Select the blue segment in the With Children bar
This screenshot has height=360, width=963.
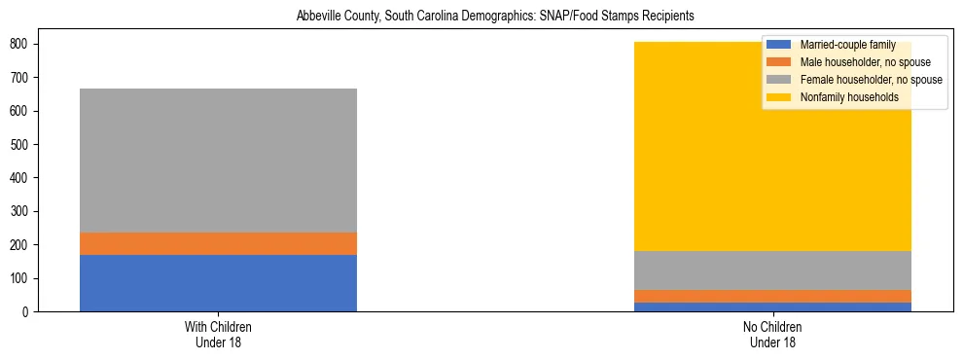(218, 283)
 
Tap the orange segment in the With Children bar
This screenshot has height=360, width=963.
(218, 243)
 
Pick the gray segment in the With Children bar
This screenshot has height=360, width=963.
(218, 161)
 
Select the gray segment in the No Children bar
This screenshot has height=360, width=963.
(772, 270)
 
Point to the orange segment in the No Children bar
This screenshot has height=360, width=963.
(772, 296)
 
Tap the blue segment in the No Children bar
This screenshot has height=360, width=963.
(772, 306)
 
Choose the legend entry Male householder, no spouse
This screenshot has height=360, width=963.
(851, 62)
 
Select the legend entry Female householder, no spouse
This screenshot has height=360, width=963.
(857, 80)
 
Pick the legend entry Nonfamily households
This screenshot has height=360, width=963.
(836, 97)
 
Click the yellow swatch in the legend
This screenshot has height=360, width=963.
(780, 97)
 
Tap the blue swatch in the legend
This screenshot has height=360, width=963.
(780, 45)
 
